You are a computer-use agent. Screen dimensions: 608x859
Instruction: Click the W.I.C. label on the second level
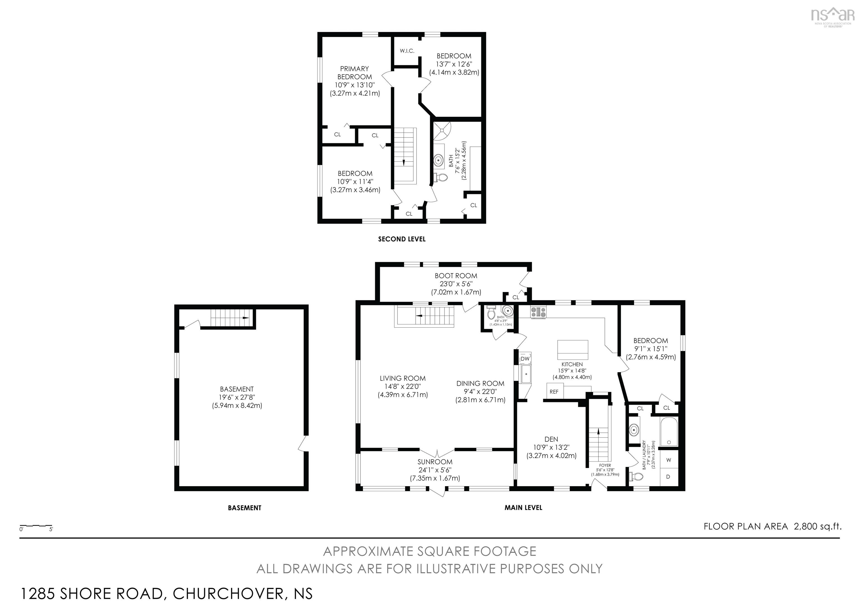click(407, 51)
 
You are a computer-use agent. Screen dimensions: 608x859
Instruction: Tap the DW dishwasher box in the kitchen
click(525, 359)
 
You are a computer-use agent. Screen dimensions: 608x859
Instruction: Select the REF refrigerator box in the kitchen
click(554, 392)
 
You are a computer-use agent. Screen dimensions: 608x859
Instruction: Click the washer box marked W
click(669, 460)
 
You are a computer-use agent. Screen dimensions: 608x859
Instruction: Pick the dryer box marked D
click(669, 477)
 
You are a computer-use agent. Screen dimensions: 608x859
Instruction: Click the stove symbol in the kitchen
click(538, 312)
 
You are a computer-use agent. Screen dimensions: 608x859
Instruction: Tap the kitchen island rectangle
click(572, 350)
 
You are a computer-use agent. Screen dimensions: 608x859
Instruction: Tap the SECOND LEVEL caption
click(402, 239)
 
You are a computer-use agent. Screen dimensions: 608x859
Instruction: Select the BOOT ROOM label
click(456, 276)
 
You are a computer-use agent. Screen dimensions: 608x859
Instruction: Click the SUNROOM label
click(435, 462)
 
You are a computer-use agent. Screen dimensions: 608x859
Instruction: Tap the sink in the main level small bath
click(507, 311)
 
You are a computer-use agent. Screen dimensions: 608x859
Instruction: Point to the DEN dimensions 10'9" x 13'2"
click(551, 447)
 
